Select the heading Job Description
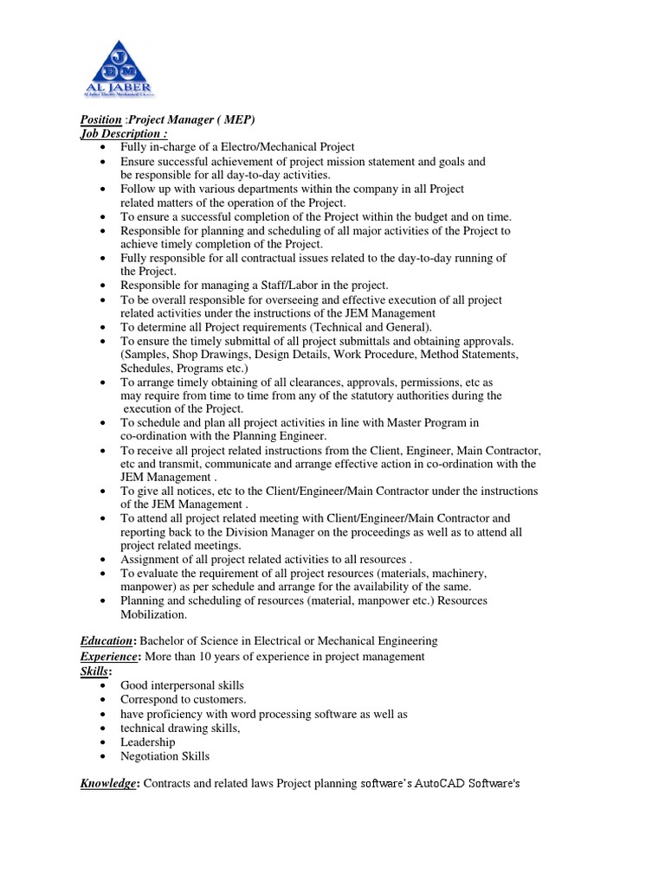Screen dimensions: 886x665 click(x=120, y=133)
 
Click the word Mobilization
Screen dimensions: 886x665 click(x=153, y=614)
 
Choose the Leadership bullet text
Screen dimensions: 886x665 click(x=147, y=742)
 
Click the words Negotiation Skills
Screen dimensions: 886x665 click(x=165, y=756)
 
